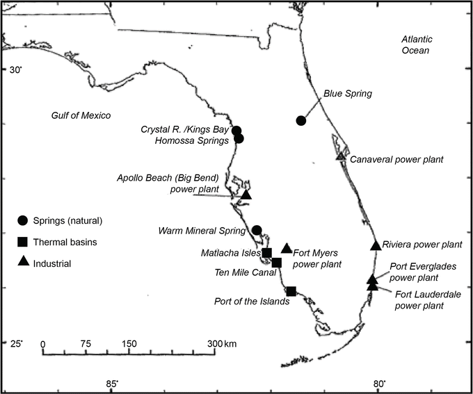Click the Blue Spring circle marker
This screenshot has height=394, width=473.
point(301,120)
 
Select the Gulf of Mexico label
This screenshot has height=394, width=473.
point(81,115)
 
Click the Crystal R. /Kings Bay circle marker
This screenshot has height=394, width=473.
point(236,131)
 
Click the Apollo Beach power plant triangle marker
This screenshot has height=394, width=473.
point(246,195)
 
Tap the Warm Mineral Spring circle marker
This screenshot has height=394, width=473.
point(257,230)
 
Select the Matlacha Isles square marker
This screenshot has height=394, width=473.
point(266,253)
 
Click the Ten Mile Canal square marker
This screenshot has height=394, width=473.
point(276,263)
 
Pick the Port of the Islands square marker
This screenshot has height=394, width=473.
point(291,291)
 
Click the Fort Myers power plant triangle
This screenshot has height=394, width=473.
point(286,248)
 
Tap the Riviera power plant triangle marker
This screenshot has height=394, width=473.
point(376,245)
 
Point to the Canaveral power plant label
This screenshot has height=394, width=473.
point(396,160)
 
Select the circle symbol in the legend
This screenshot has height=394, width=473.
point(22,221)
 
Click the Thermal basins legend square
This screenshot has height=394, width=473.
point(22,242)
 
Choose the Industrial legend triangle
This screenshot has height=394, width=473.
point(22,262)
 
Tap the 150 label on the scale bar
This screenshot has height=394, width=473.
point(129,343)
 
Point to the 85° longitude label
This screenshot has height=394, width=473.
point(111,383)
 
